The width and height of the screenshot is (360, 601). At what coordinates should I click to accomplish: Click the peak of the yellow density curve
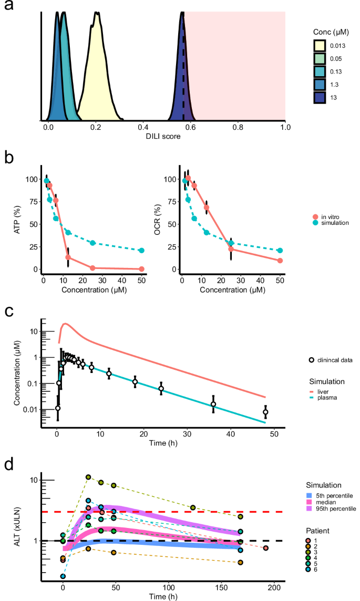pos(96,13)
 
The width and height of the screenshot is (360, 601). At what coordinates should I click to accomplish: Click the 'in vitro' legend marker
pos(315,216)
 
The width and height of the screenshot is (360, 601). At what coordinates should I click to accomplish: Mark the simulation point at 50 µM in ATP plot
pos(141,251)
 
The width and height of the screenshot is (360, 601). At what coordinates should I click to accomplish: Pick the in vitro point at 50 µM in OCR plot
pos(280,261)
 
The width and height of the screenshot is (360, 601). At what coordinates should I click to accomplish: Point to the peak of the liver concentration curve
pos(66,324)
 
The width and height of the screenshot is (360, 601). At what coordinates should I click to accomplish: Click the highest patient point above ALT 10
pos(88,477)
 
